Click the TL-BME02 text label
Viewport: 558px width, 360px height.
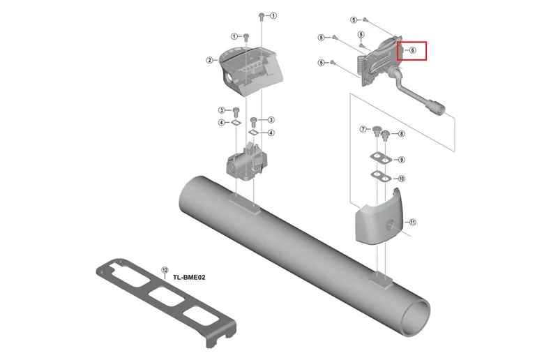click(189, 278)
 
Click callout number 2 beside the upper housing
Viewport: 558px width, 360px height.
click(210, 60)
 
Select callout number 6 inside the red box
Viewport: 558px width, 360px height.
click(412, 50)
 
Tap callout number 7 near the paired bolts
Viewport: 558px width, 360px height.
click(363, 129)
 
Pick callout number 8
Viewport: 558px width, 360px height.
click(402, 134)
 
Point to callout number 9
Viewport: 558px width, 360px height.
click(402, 160)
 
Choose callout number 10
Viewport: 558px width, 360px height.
click(402, 179)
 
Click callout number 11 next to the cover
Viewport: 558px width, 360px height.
click(412, 222)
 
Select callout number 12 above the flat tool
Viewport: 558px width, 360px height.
click(165, 269)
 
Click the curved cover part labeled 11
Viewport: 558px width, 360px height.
click(377, 220)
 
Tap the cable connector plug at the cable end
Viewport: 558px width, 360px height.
click(435, 106)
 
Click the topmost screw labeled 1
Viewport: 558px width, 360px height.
click(261, 16)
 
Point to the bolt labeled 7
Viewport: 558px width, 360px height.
click(376, 131)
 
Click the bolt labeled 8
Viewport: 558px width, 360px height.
click(384, 135)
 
